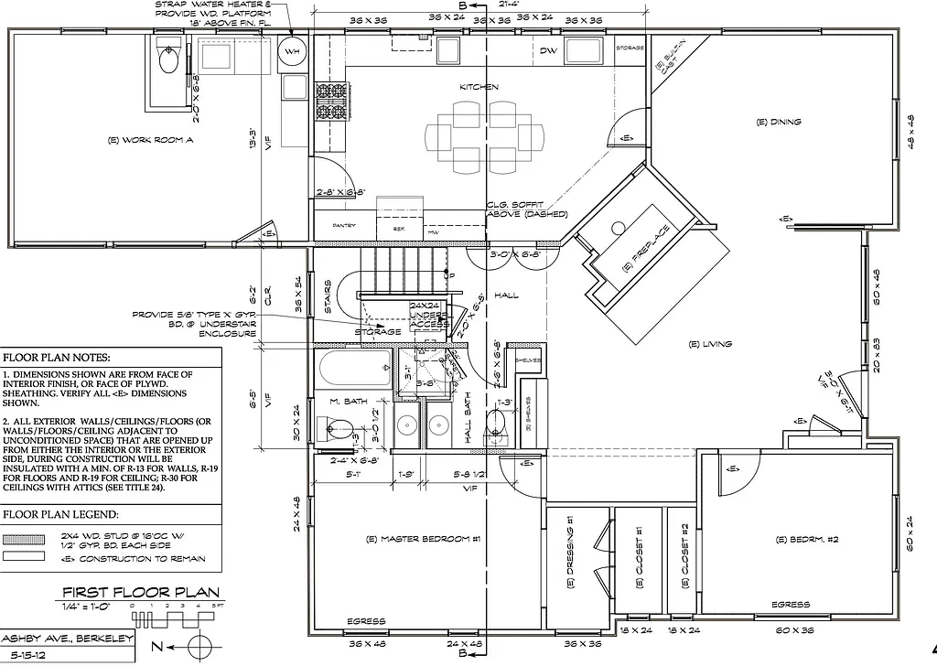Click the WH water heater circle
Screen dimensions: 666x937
pos(293,51)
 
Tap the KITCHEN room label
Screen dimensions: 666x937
pos(479,87)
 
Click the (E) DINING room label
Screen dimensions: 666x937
pos(779,122)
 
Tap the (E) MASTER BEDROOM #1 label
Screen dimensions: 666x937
pos(423,539)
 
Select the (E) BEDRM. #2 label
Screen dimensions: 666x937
pos(793,540)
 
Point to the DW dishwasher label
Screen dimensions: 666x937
pos(548,51)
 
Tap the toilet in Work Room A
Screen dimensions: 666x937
pos(168,59)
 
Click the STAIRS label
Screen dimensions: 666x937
pos(328,296)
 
